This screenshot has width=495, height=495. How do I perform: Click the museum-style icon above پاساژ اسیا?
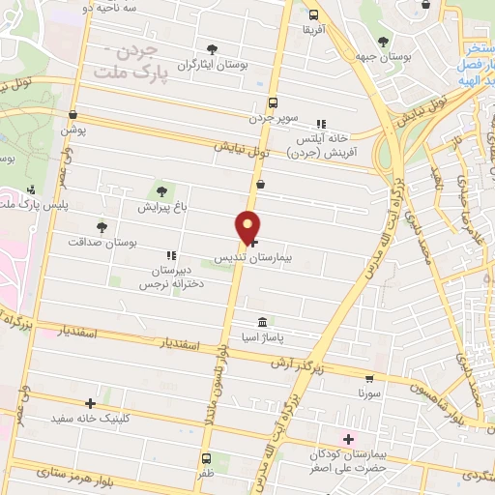click(x=262, y=321)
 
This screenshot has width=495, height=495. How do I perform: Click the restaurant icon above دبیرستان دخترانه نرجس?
click(x=171, y=256)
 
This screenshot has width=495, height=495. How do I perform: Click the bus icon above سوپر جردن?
click(x=274, y=102)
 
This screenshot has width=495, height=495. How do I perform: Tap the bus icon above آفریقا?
click(x=313, y=15)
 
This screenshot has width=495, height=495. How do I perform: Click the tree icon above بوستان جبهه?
click(x=384, y=42)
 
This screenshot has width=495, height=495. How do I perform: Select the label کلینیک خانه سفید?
click(x=90, y=420)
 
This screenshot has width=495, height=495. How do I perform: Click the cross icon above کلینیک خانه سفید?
click(x=90, y=403)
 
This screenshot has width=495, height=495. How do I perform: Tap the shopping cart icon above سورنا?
click(x=368, y=378)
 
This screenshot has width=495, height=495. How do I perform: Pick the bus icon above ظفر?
click(x=206, y=458)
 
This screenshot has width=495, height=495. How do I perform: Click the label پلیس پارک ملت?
click(x=26, y=205)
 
